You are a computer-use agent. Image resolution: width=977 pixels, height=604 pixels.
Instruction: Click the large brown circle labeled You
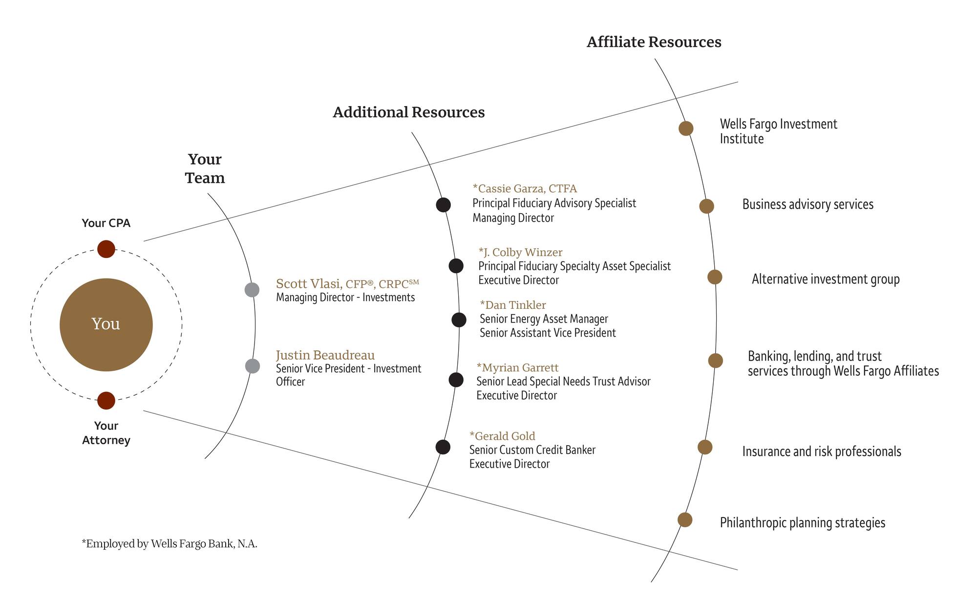tap(106, 324)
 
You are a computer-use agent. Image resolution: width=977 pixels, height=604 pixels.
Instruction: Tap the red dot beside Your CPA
tap(106, 249)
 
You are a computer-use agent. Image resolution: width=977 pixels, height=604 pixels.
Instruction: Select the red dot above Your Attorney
tap(106, 401)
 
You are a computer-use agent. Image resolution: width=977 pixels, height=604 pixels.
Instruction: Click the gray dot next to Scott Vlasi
tap(252, 290)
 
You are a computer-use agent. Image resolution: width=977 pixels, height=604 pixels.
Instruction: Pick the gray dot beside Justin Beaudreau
tap(252, 366)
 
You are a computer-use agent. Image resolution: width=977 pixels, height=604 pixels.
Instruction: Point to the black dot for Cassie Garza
tap(443, 205)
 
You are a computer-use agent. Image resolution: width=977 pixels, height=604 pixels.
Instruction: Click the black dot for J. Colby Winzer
tap(456, 266)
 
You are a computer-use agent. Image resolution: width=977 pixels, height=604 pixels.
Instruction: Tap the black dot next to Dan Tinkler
tap(459, 320)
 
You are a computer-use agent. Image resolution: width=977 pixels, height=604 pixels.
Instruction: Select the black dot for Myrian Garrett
tap(456, 380)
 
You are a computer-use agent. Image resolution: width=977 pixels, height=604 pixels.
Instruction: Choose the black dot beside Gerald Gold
tap(443, 447)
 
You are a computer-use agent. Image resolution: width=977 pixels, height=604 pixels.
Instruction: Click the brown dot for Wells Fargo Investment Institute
tap(686, 129)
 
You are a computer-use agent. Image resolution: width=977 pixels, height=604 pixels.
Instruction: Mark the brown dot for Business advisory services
tap(706, 206)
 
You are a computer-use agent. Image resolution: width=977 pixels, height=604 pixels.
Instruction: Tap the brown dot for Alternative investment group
tap(715, 277)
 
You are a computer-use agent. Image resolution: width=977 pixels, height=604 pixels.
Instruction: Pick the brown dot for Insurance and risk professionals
tap(704, 447)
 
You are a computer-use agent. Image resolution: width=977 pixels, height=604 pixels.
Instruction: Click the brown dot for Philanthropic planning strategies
tap(685, 520)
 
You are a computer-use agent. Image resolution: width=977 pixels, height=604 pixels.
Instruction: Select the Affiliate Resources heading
tap(654, 43)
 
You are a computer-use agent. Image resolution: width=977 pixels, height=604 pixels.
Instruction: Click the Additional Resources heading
tap(408, 112)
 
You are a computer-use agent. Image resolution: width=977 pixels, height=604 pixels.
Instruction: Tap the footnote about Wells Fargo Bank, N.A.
tap(169, 544)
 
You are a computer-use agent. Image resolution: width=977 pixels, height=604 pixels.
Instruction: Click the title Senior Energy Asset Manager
tap(544, 319)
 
